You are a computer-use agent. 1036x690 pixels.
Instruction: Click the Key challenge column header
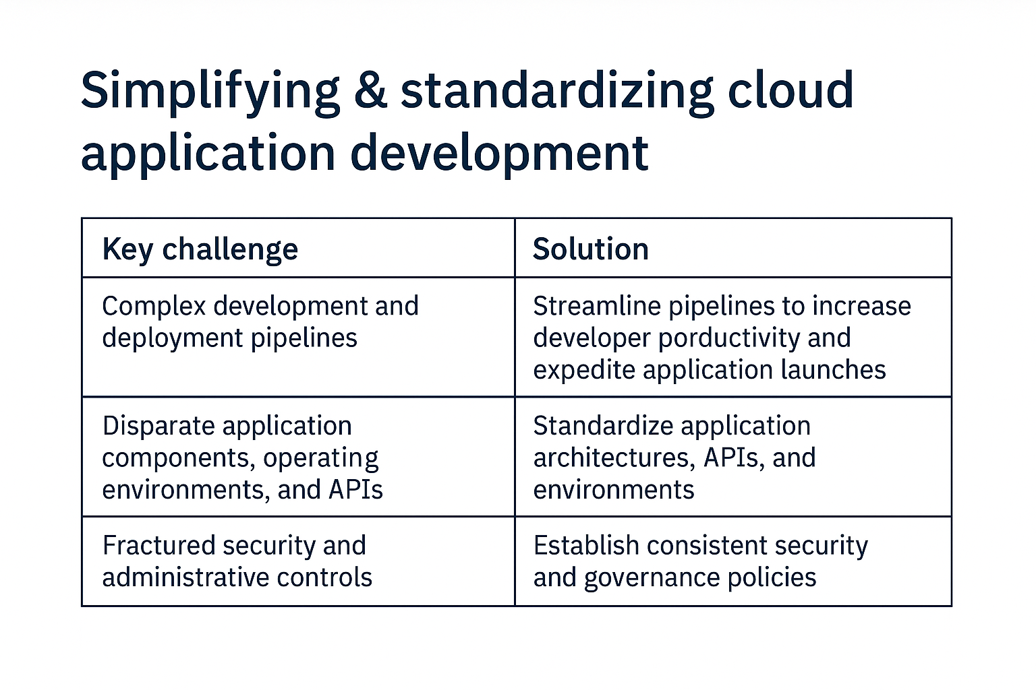(200, 249)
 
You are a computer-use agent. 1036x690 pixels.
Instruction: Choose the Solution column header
(591, 249)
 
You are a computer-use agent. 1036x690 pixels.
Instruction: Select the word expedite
(585, 370)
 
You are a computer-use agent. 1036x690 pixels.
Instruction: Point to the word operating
(321, 458)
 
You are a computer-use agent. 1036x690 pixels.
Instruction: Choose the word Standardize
(601, 426)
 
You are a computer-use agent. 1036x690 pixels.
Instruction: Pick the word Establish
(586, 546)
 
